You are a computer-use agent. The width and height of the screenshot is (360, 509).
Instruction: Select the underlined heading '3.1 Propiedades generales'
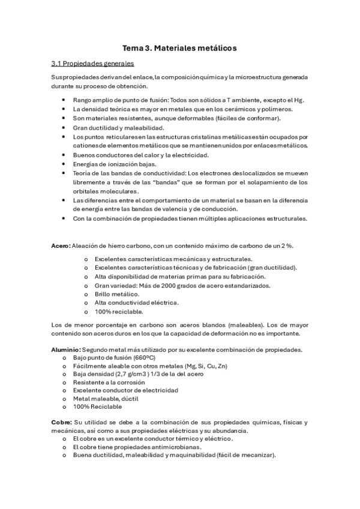point(93,63)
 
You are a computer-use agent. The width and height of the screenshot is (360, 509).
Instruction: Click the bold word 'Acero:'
point(61,245)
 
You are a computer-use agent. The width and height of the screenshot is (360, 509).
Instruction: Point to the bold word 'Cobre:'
point(62,422)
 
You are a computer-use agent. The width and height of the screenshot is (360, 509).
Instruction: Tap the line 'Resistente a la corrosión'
point(109,382)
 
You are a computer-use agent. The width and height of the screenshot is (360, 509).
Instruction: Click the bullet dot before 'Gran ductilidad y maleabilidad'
point(64,128)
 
